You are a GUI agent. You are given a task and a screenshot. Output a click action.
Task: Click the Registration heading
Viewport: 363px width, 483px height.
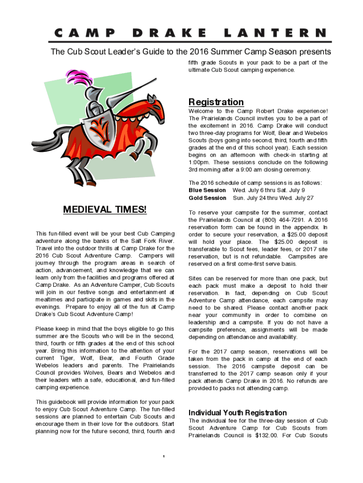[216, 102]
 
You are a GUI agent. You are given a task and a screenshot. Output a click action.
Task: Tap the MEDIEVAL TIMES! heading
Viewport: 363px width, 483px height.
[105, 209]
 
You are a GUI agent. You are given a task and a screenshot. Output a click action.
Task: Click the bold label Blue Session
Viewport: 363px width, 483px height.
[207, 190]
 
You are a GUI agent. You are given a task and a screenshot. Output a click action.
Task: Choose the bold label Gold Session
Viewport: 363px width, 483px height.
[207, 198]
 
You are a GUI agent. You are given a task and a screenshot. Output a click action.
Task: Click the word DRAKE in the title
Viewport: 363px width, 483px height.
[170, 33]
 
